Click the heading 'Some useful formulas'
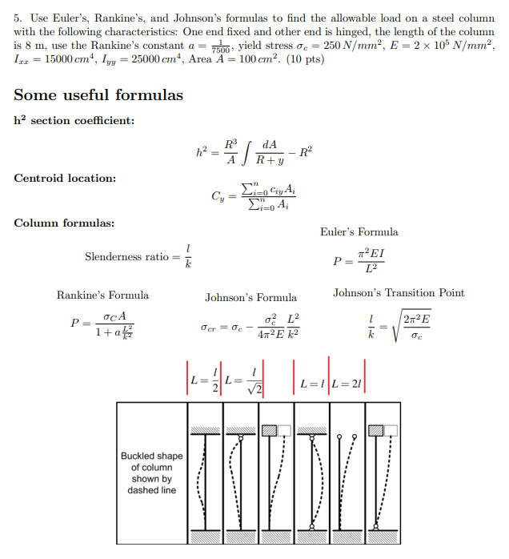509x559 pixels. pyautogui.click(x=98, y=95)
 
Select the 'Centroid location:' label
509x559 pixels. pyautogui.click(x=65, y=178)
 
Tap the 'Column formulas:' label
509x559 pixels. pyautogui.click(x=63, y=222)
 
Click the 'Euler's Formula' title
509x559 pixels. pyautogui.click(x=359, y=232)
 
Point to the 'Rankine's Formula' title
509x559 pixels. pyautogui.click(x=102, y=295)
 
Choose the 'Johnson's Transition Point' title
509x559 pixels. pyautogui.click(x=399, y=293)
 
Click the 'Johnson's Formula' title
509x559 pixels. pyautogui.click(x=250, y=297)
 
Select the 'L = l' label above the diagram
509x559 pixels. pyautogui.click(x=311, y=383)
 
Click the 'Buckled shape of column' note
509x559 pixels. pyautogui.click(x=151, y=473)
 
